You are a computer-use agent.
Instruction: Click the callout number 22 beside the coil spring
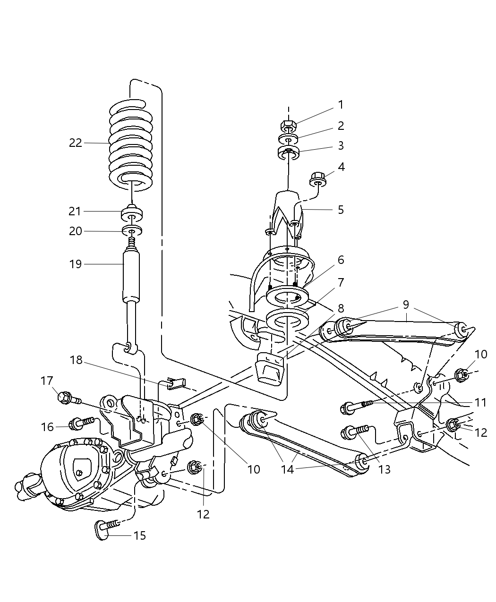pyautogui.click(x=76, y=143)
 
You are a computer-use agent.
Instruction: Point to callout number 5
pyautogui.click(x=341, y=209)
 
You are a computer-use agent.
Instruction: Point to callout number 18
pyautogui.click(x=77, y=360)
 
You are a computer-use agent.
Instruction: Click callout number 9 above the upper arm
pyautogui.click(x=406, y=305)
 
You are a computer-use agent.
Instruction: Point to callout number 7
pyautogui.click(x=341, y=282)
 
